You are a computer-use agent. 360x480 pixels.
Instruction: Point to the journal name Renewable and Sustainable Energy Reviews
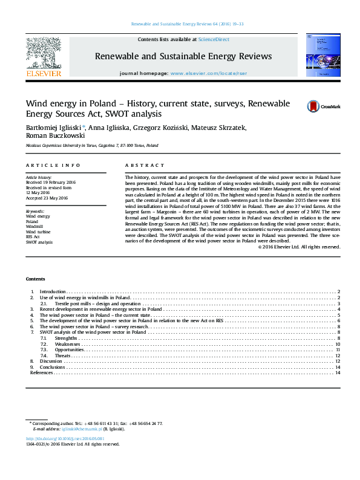point(183,56)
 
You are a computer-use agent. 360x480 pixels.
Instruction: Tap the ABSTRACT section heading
point(145,165)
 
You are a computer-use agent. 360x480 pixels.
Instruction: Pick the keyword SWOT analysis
point(39,241)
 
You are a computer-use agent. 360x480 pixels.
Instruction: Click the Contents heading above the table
point(35,279)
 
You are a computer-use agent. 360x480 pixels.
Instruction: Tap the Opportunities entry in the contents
point(70,349)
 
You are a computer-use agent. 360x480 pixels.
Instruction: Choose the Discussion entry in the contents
point(51,361)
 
